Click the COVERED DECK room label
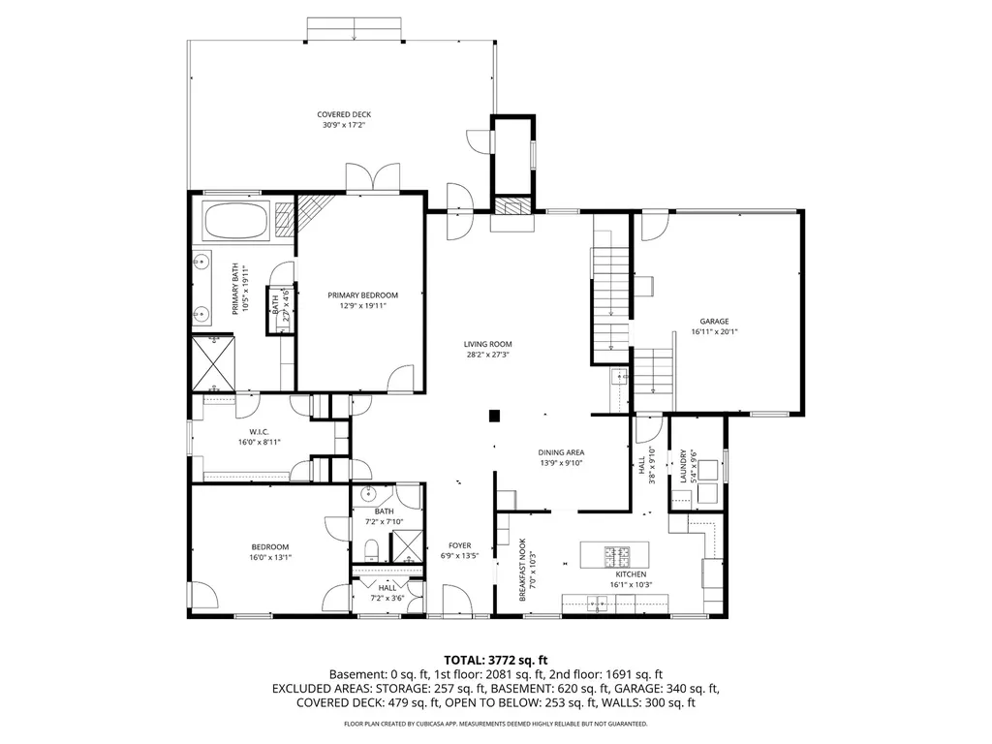[344, 114]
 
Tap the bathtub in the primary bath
[236, 221]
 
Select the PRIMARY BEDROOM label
[362, 294]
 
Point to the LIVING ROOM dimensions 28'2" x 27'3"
[488, 355]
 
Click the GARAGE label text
[714, 322]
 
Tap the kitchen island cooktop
[617, 556]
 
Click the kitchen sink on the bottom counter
[597, 604]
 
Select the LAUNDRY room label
[683, 466]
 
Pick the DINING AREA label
[561, 452]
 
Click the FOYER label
[460, 545]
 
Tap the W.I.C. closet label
[259, 432]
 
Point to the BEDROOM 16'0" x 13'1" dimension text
[270, 557]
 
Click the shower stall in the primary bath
[214, 363]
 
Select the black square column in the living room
[494, 416]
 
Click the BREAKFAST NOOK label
[522, 570]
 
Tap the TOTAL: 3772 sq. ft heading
[495, 661]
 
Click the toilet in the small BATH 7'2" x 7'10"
[371, 549]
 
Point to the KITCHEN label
[632, 574]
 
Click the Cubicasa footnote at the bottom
[495, 724]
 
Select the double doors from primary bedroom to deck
[373, 178]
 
